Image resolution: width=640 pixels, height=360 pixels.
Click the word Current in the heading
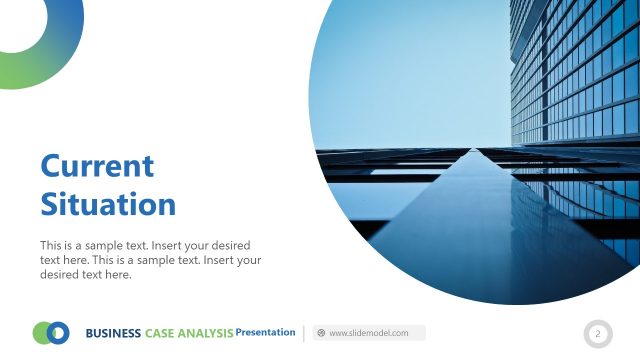click(x=97, y=166)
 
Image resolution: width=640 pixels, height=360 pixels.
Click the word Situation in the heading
click(x=108, y=205)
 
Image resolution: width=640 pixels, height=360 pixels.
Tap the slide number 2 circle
click(x=597, y=333)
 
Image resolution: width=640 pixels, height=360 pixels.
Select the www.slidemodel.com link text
click(x=369, y=333)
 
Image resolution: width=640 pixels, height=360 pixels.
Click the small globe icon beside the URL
click(x=321, y=333)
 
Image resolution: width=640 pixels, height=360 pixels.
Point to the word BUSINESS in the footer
click(x=113, y=333)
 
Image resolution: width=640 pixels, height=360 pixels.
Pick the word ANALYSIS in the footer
click(x=206, y=333)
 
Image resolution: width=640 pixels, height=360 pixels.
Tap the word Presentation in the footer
click(x=265, y=332)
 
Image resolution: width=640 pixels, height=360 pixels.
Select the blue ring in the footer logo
click(x=59, y=333)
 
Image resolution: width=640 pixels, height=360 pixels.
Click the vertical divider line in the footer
click(x=304, y=333)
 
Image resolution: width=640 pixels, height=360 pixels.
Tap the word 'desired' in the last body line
click(x=62, y=275)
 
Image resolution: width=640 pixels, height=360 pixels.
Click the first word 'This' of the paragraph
click(x=51, y=245)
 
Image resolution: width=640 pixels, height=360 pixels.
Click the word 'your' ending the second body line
click(x=248, y=260)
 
